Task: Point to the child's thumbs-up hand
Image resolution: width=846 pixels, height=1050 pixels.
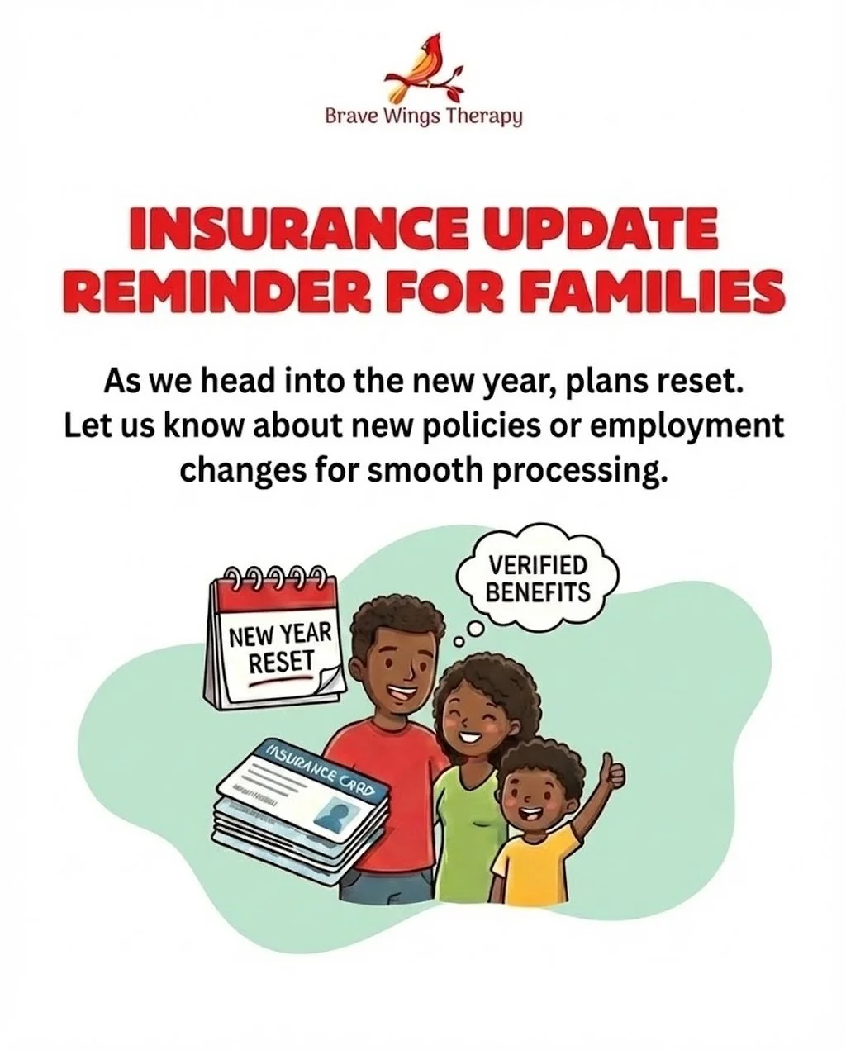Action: (x=613, y=770)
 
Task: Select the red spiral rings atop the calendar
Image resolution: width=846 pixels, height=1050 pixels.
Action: (x=273, y=574)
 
